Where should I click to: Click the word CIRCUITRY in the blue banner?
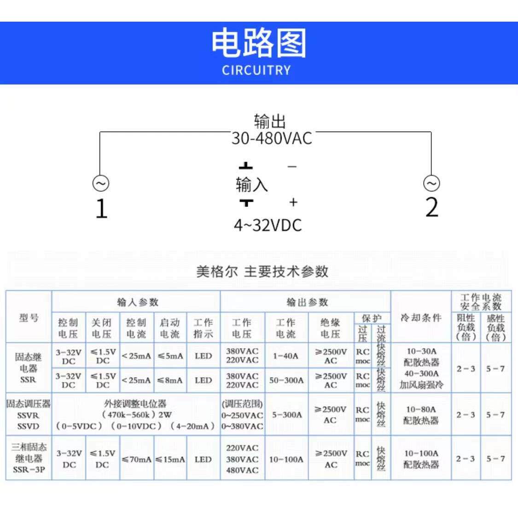tap(256, 70)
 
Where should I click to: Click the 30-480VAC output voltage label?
tap(272, 138)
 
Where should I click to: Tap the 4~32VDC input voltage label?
tap(268, 225)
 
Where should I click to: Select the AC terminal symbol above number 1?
tap(100, 183)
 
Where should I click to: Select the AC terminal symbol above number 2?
tap(431, 183)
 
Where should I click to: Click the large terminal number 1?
tap(101, 208)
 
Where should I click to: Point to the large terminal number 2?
tap(431, 207)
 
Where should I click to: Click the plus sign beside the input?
tap(293, 202)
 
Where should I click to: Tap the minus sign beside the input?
tap(292, 166)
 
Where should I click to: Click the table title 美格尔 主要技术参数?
tap(262, 271)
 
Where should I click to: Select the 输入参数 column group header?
tap(137, 302)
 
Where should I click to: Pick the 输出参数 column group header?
tap(307, 302)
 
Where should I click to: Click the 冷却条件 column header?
tap(421, 318)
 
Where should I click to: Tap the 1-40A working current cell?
tap(285, 355)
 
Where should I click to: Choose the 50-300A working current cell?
tap(286, 380)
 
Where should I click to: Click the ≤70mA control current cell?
tap(136, 460)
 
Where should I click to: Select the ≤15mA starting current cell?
tap(170, 460)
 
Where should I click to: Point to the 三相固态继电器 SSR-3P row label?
tap(29, 459)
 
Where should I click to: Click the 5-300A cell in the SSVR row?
tap(286, 414)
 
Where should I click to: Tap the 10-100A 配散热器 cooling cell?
tap(421, 459)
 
